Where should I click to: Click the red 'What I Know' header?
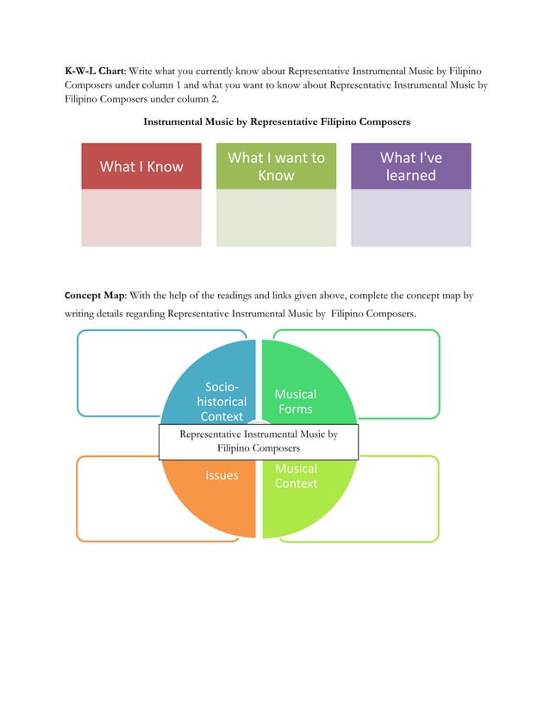tap(141, 166)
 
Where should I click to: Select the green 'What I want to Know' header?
tap(276, 166)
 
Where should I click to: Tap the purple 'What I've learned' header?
tap(410, 166)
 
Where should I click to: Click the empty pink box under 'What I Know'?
tap(141, 217)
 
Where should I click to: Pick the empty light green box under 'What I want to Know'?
tap(276, 217)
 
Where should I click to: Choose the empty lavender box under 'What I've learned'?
tap(410, 217)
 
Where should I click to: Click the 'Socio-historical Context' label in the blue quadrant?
tap(222, 402)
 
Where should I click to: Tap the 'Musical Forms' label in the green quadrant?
tap(295, 402)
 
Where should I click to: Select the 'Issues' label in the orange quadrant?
tap(222, 475)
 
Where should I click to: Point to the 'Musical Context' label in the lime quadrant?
tap(296, 476)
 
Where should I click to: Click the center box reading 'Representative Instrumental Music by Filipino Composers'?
tap(258, 441)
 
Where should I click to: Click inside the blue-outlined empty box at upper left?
tap(116, 371)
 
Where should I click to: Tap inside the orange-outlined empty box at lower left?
tap(116, 500)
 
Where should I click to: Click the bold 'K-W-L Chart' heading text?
tap(94, 68)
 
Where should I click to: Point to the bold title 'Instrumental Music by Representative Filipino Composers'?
tap(276, 122)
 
